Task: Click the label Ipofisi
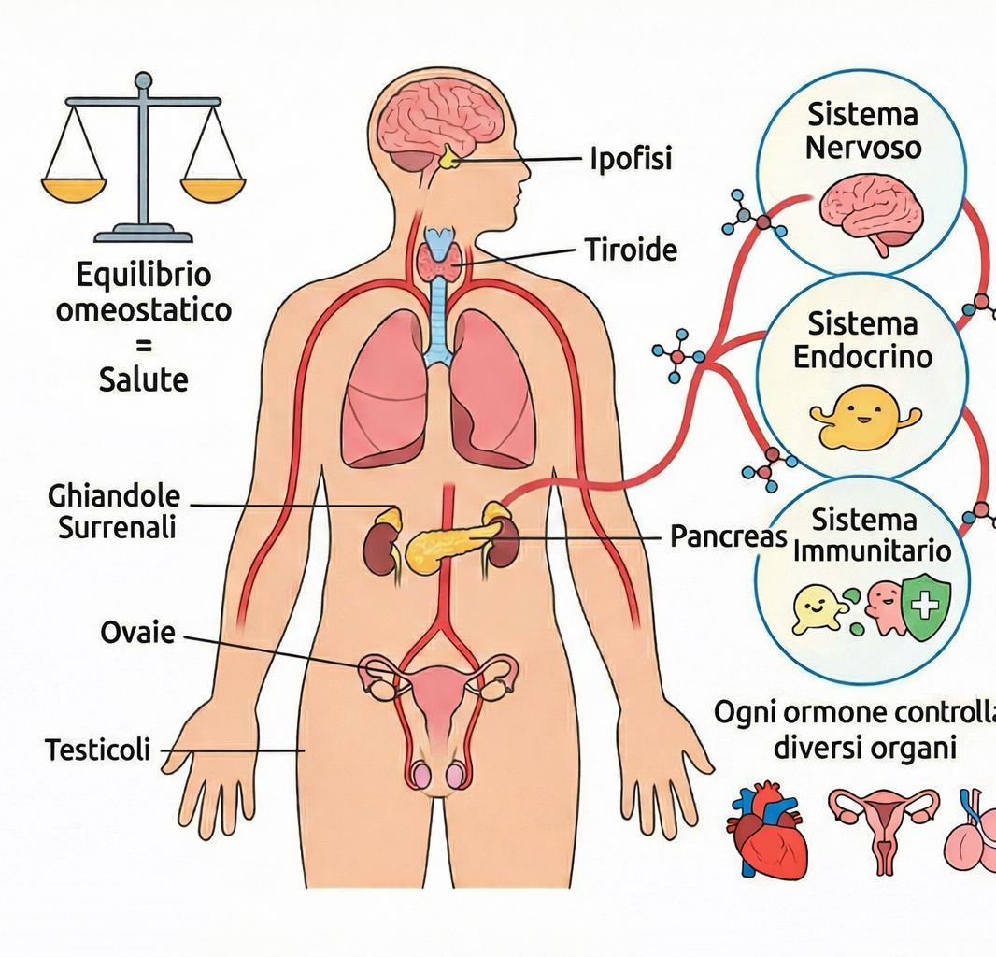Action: [631, 159]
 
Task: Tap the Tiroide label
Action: [631, 250]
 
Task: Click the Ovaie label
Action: [137, 633]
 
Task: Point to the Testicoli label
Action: [97, 750]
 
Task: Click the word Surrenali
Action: [117, 528]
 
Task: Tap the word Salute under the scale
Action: [143, 379]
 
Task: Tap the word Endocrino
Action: [861, 357]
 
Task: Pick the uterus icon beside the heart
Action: [883, 827]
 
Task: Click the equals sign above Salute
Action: [143, 345]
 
